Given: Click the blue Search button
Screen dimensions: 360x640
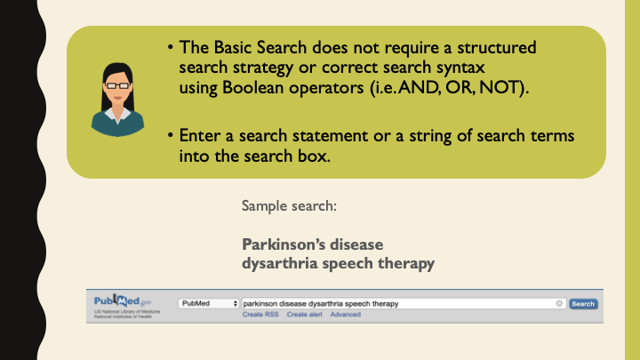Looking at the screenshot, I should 583,304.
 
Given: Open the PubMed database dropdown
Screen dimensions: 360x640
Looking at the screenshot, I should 209,304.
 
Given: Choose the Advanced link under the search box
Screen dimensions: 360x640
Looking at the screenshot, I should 345,315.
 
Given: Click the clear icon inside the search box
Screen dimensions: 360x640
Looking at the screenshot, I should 559,304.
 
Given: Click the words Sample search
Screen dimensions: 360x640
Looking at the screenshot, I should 289,206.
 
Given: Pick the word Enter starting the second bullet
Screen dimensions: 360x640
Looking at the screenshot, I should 198,137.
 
